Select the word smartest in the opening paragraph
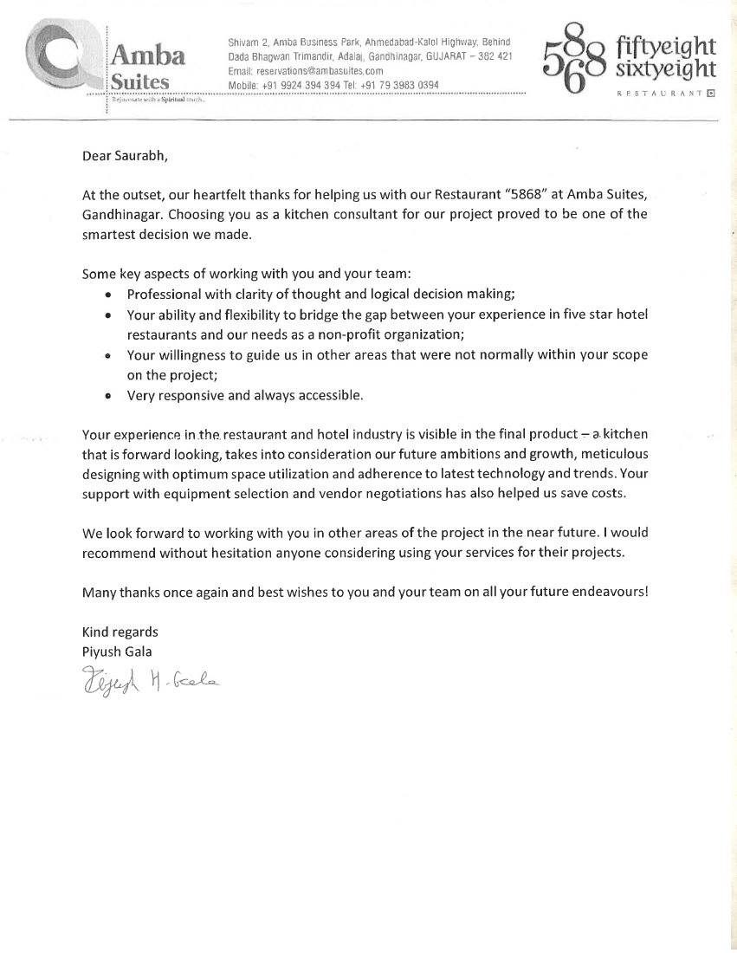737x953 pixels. point(112,232)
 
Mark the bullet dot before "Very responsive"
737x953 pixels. point(107,397)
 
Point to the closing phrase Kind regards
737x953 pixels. point(120,632)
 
